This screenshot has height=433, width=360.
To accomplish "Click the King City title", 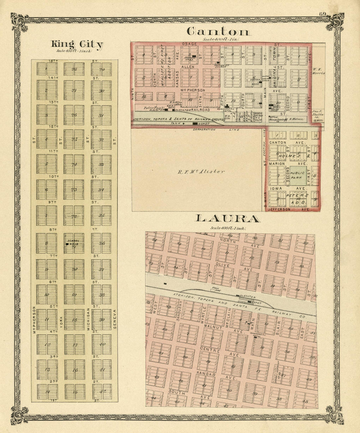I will pyautogui.click(x=77, y=44).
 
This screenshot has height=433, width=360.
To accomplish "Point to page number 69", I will pyautogui.click(x=323, y=14).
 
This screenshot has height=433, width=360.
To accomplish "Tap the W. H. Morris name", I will pyautogui.click(x=318, y=71).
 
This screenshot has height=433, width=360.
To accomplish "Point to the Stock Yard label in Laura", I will pyautogui.click(x=215, y=289).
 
